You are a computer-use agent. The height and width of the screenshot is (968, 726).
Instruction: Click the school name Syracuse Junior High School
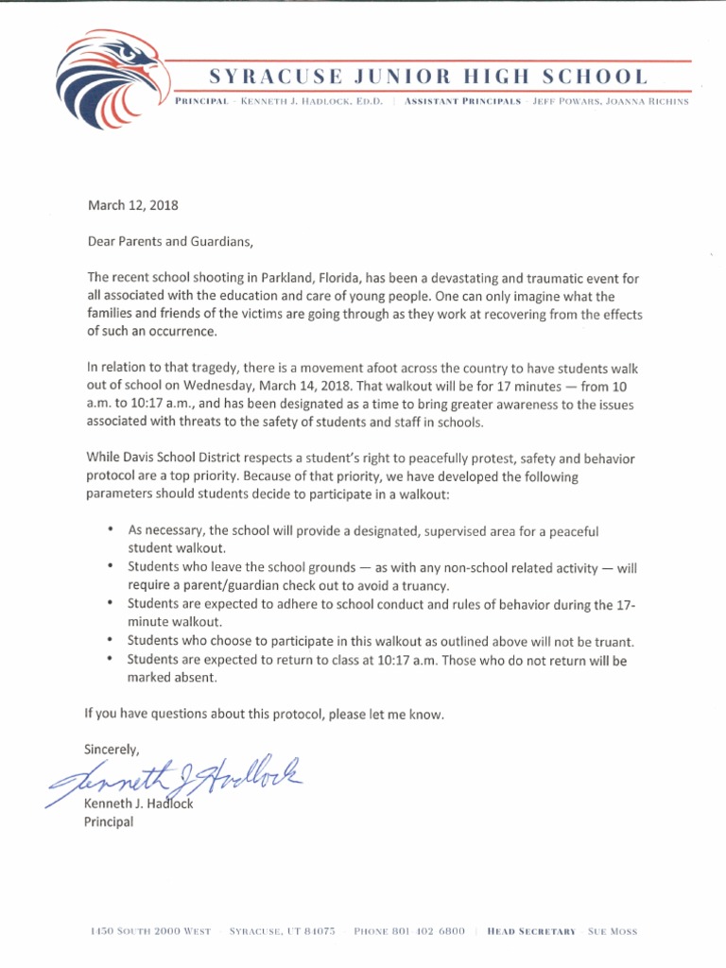(x=429, y=77)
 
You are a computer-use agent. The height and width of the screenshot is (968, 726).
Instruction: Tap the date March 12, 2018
(x=132, y=205)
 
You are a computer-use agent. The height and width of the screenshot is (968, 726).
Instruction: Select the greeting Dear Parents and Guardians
(x=171, y=242)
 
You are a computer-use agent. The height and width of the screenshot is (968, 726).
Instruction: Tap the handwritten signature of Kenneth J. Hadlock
(x=180, y=778)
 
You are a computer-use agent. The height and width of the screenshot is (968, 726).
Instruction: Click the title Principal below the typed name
(x=109, y=821)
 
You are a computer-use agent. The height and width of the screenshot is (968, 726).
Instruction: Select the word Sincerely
(x=112, y=750)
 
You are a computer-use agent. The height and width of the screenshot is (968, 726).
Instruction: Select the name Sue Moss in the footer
(x=613, y=931)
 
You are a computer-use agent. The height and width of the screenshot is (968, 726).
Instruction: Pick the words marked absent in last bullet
(x=172, y=678)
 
